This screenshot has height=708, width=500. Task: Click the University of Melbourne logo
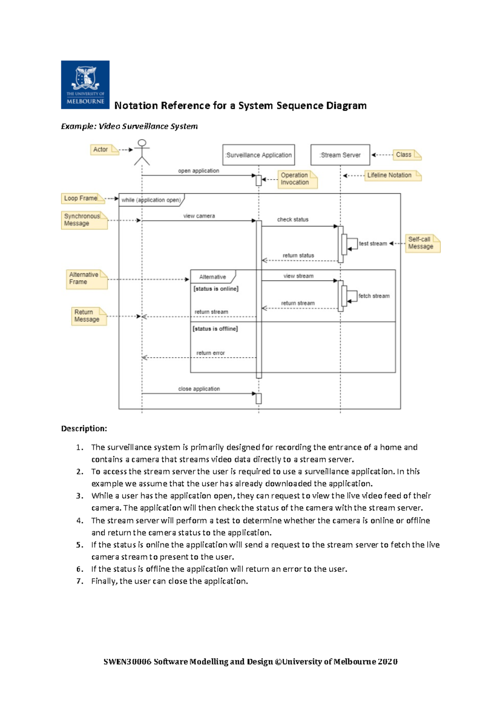pyautogui.click(x=85, y=85)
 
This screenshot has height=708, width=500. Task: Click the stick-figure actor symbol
pyautogui.click(x=142, y=152)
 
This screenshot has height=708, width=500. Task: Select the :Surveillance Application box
pyautogui.click(x=259, y=155)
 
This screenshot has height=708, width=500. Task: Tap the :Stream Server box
pyautogui.click(x=340, y=155)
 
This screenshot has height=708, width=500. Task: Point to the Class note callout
pyautogui.click(x=407, y=155)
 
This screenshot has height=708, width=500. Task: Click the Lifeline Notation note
pyautogui.click(x=392, y=176)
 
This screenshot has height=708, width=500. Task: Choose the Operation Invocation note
pyautogui.click(x=297, y=179)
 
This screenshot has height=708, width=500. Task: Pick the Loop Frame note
pyautogui.click(x=82, y=198)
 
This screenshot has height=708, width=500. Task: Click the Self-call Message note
pyautogui.click(x=422, y=243)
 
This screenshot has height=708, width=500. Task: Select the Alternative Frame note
pyautogui.click(x=86, y=279)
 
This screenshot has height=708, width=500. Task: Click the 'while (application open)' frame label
pyautogui.click(x=151, y=200)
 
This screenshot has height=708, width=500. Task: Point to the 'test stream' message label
pyautogui.click(x=373, y=244)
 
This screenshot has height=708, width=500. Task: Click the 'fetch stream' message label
pyautogui.click(x=374, y=296)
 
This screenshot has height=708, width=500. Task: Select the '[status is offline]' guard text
pyautogui.click(x=215, y=329)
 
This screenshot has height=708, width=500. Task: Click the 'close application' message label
pyautogui.click(x=199, y=389)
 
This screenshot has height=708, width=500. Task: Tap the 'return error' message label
pyautogui.click(x=210, y=353)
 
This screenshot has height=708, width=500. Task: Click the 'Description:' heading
pyautogui.click(x=84, y=429)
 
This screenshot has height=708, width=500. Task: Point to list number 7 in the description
pyautogui.click(x=80, y=581)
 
